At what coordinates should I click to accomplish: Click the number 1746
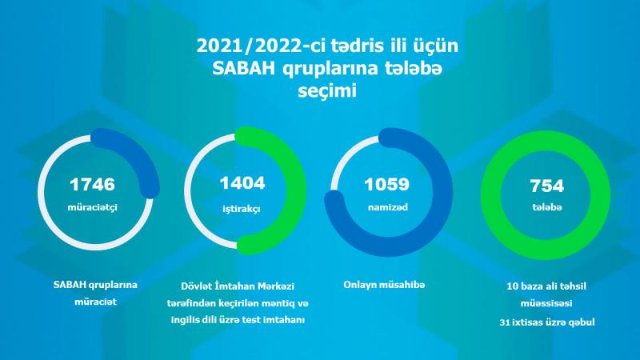point(92,185)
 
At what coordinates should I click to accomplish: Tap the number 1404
point(242,183)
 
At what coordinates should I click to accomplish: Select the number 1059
point(387,185)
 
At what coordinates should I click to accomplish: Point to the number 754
point(547,186)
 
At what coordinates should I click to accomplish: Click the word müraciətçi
point(92,207)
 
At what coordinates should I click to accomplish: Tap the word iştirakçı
point(242,209)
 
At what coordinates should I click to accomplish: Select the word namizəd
point(388,207)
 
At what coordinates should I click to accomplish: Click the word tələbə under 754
point(547,207)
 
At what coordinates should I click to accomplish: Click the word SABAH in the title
point(244,69)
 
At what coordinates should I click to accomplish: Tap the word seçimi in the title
point(327,90)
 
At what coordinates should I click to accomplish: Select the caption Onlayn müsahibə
point(384,285)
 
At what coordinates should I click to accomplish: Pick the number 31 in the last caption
point(505,322)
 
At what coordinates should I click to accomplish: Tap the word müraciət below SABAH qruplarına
point(95,302)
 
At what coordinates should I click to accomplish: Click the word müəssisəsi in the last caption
point(546,304)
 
